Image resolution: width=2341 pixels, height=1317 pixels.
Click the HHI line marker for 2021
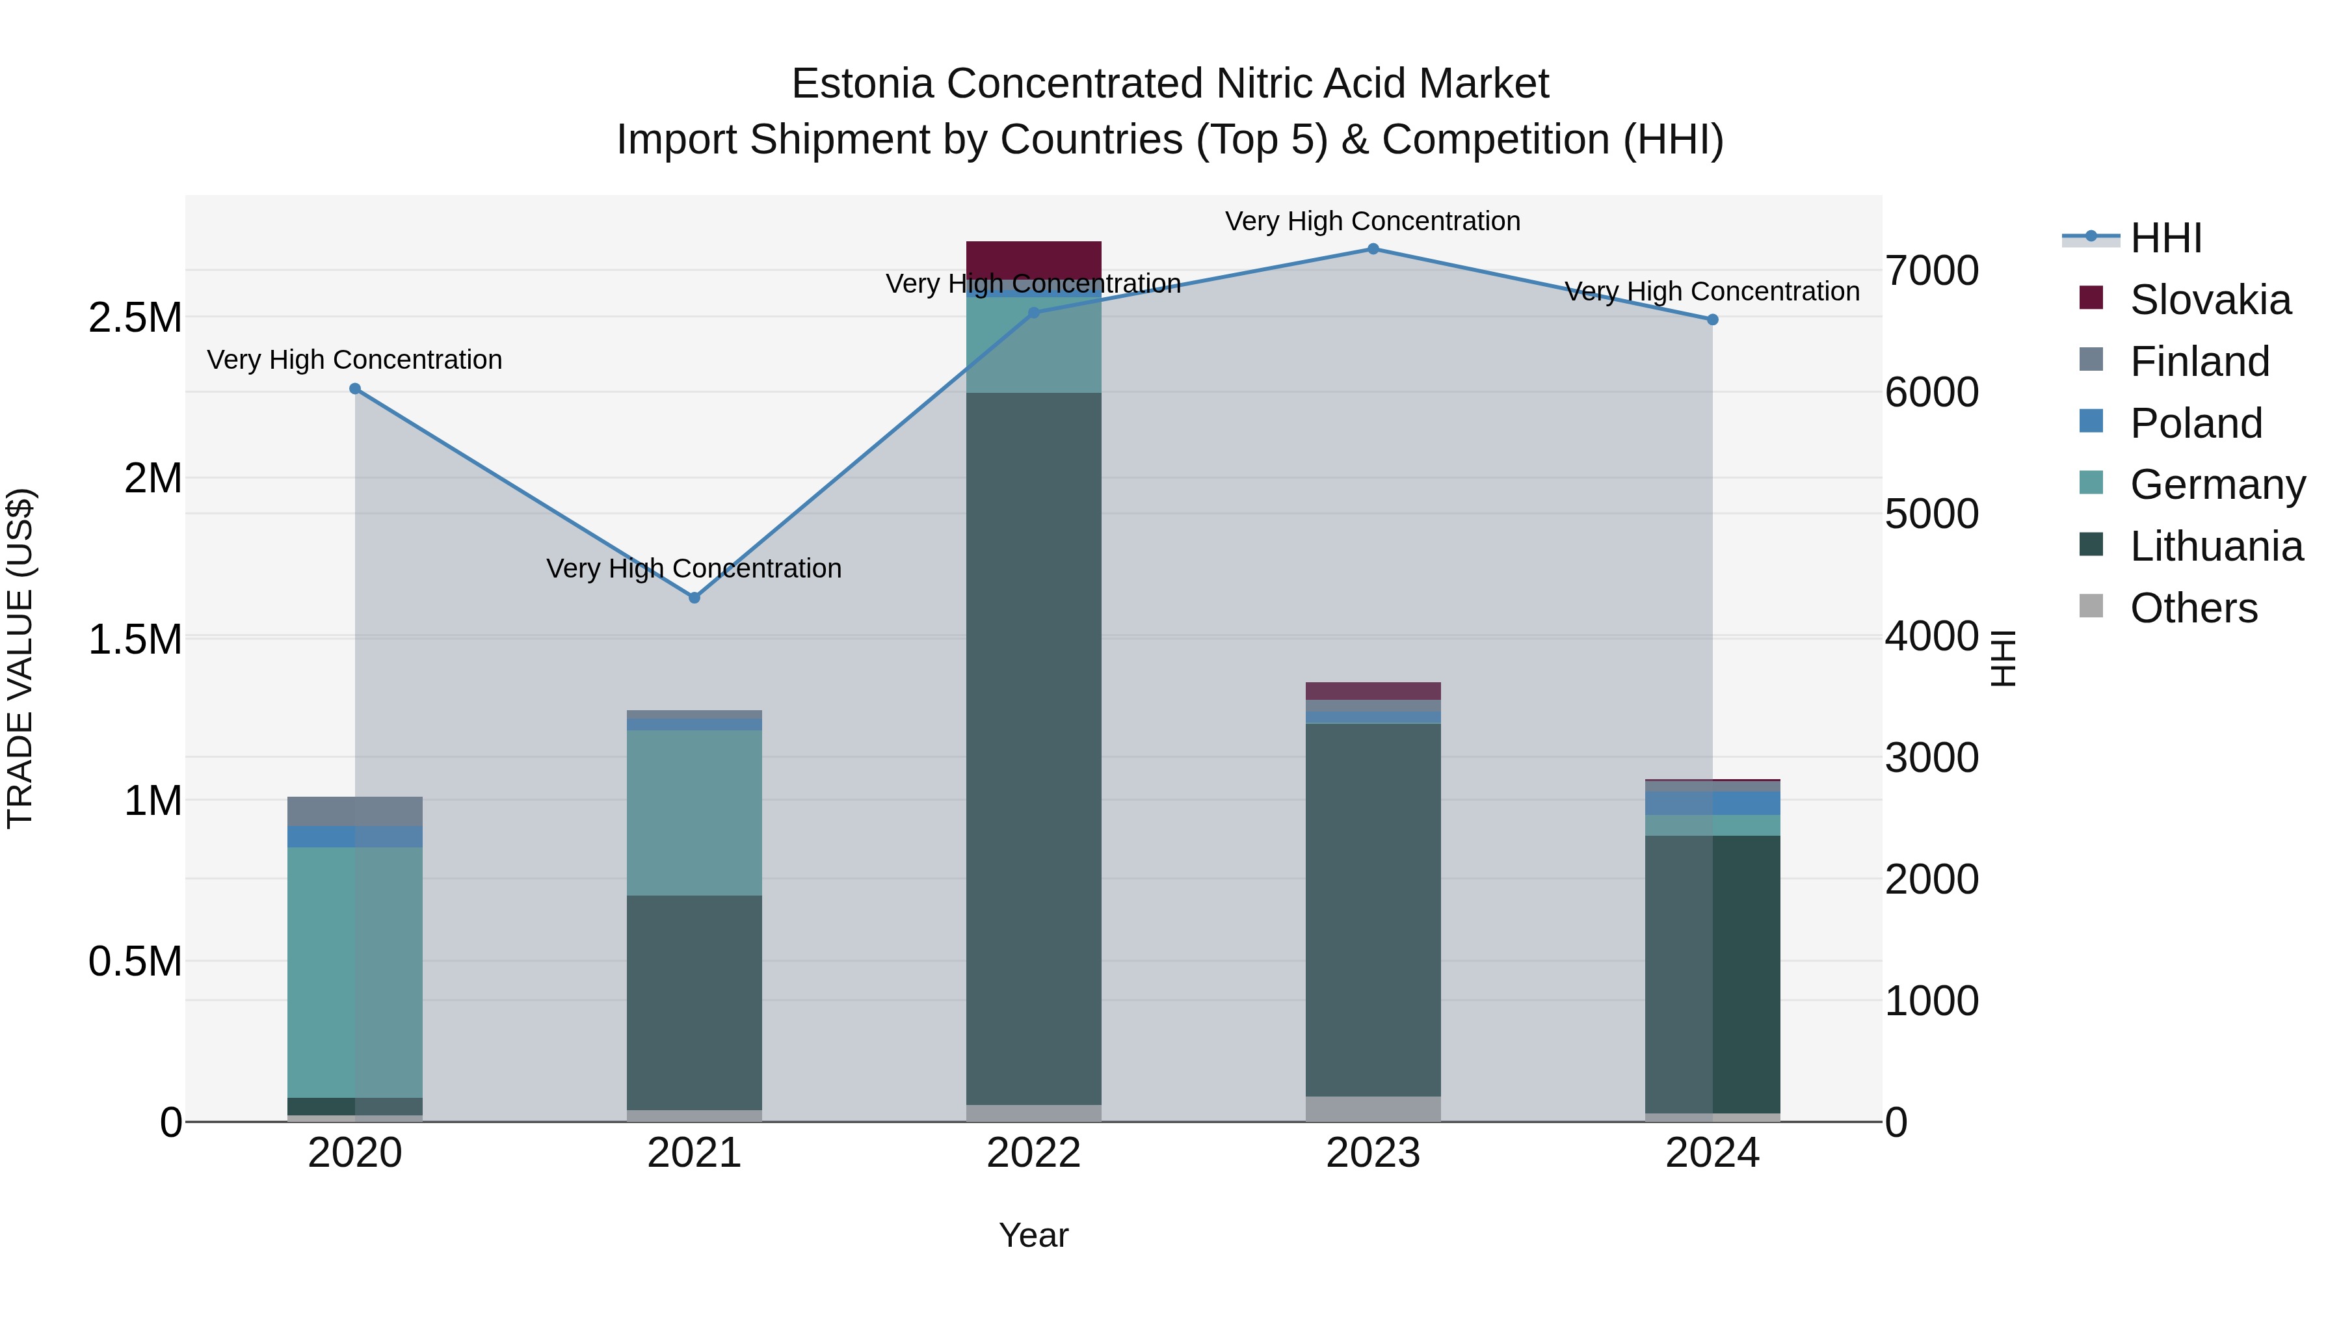694,597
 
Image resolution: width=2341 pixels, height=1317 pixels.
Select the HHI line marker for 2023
1373,249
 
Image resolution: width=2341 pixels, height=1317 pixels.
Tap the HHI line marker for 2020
355,389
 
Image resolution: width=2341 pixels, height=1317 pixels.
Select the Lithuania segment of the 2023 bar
1373,909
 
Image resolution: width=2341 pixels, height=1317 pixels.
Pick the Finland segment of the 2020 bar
355,812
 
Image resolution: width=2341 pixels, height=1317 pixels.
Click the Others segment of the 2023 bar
1373,1109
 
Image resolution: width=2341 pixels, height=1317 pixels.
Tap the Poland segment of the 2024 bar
1712,803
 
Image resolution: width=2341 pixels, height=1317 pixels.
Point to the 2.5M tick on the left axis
135,318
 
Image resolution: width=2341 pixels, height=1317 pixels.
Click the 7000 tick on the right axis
1931,271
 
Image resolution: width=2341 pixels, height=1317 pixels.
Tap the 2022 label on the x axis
1033,1153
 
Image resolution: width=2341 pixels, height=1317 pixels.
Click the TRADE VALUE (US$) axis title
20,658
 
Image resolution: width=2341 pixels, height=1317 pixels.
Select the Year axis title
1033,1235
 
